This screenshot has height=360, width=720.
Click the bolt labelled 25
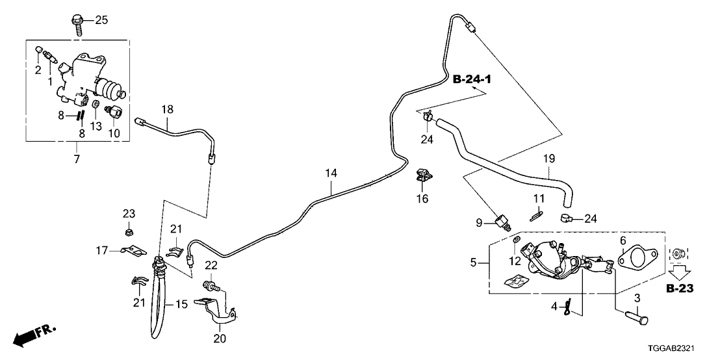pyautogui.click(x=77, y=24)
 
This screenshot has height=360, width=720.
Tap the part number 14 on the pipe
pyautogui.click(x=331, y=174)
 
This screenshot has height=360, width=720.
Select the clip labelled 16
pyautogui.click(x=423, y=176)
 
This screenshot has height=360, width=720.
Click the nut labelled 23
pyautogui.click(x=129, y=230)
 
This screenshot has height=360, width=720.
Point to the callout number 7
pyautogui.click(x=77, y=159)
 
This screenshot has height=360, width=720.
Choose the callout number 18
pyautogui.click(x=168, y=109)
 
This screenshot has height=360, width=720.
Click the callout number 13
pyautogui.click(x=96, y=127)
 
